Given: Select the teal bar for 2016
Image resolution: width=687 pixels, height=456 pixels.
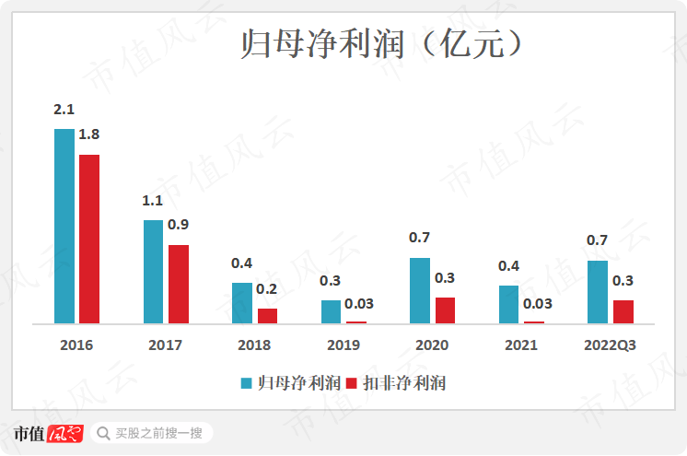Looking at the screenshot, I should (x=64, y=227).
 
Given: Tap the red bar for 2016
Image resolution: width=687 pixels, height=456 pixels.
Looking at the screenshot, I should (x=89, y=240).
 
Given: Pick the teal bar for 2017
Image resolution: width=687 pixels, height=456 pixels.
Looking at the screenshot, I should (x=153, y=272).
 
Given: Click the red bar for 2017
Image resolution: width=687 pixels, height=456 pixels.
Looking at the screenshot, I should (x=179, y=284).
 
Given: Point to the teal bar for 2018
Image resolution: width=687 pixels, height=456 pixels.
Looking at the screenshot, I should (x=241, y=303).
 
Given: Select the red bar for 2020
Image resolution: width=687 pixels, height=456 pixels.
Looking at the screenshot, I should (x=445, y=310).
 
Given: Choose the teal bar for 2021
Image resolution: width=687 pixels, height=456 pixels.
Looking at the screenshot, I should (x=509, y=305).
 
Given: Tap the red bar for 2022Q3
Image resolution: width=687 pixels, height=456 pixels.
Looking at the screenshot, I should (x=623, y=311).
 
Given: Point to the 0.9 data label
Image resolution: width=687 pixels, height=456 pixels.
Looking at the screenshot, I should (x=179, y=224).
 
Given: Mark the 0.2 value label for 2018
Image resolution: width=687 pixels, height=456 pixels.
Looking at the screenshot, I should (x=266, y=288).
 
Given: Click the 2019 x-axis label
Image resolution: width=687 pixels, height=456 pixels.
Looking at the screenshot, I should (x=343, y=345).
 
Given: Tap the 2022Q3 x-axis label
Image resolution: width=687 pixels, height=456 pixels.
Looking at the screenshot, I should (x=611, y=345).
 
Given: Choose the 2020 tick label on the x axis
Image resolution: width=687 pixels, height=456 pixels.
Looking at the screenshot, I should (x=432, y=345).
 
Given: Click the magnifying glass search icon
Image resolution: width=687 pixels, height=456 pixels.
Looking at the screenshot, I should (x=101, y=433).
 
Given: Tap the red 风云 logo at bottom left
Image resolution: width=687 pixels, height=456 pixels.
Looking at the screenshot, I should (x=64, y=433).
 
